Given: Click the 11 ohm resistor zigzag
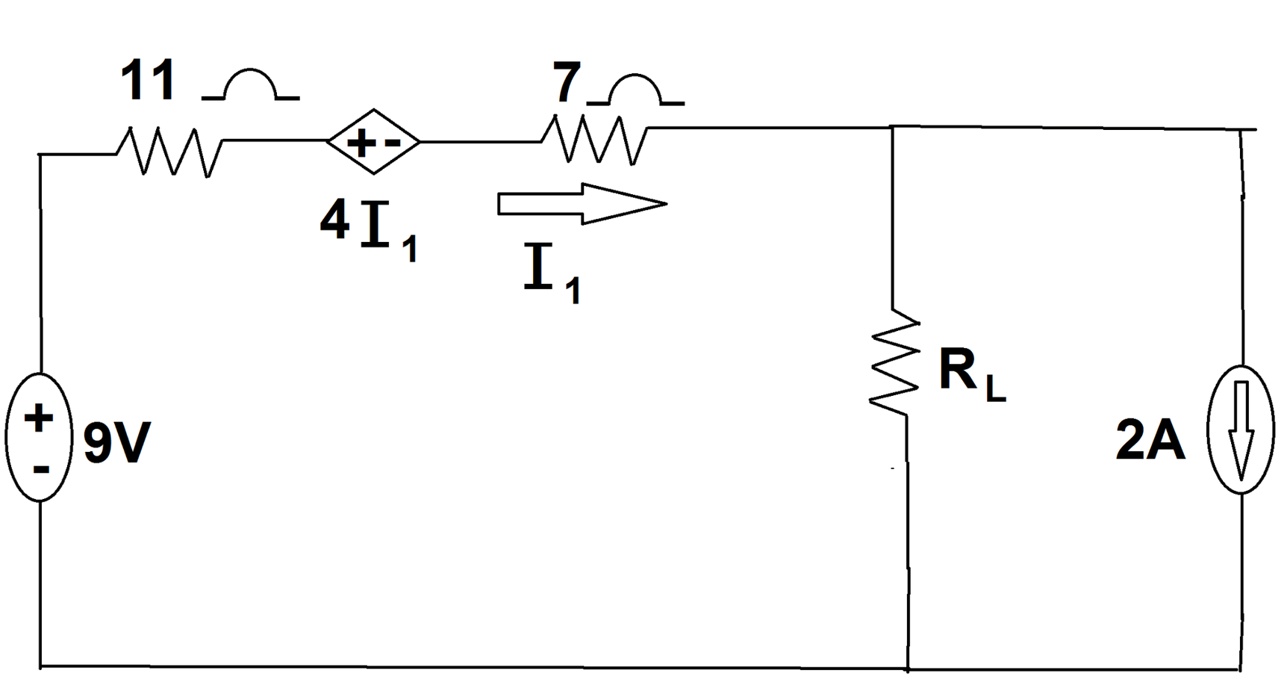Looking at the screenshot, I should [x=169, y=152].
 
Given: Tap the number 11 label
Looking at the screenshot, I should [x=149, y=80].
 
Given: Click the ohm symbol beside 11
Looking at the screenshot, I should [x=251, y=85].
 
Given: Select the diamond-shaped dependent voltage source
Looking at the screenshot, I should [x=373, y=141].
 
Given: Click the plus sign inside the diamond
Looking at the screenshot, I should [x=361, y=142].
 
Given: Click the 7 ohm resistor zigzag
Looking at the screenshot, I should [x=595, y=140].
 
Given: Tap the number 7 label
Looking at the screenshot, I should [x=567, y=83].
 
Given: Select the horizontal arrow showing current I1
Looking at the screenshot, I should [x=582, y=203].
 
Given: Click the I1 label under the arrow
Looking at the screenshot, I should [x=552, y=273].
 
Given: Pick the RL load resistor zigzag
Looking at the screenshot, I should [x=894, y=362].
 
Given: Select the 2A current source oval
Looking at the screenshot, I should [x=1241, y=430].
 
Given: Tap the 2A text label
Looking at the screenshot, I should [x=1150, y=440].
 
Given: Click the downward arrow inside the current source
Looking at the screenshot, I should [x=1241, y=430].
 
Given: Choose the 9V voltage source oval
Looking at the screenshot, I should [x=39, y=437].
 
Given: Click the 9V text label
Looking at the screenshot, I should [x=116, y=442].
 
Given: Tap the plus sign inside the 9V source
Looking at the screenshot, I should [x=39, y=417].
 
